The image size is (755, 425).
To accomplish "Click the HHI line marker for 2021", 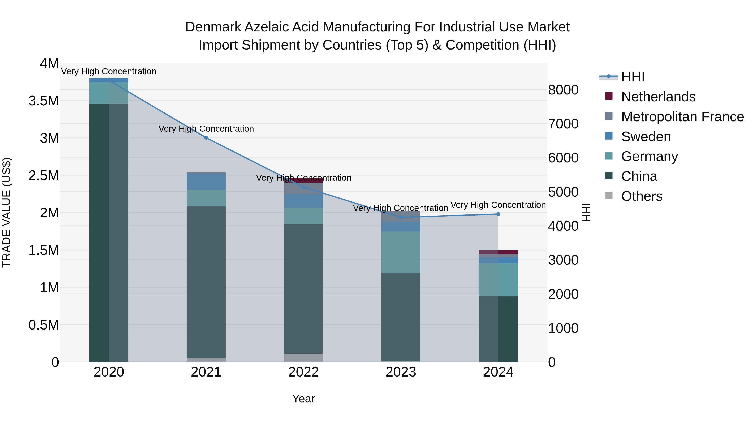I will (x=206, y=138).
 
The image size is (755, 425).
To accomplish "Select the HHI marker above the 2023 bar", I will (x=401, y=217).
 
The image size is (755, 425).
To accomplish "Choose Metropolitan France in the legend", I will (x=682, y=117).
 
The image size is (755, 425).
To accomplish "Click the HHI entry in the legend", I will (x=633, y=77).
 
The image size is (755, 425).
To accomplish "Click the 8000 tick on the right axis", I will (x=563, y=90).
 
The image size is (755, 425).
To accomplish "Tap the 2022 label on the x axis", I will (x=303, y=372).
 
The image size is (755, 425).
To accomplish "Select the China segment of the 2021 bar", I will (x=206, y=282).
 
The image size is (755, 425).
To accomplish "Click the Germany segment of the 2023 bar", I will (x=401, y=252).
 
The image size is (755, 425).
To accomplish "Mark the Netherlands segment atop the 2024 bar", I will (x=498, y=252).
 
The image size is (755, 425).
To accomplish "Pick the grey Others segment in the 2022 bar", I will (x=303, y=358).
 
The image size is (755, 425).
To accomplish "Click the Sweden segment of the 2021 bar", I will (x=206, y=182).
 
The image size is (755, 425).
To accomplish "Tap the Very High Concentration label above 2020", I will (x=109, y=71).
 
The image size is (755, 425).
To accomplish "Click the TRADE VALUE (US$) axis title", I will (x=7, y=212).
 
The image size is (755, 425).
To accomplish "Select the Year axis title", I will (x=303, y=399).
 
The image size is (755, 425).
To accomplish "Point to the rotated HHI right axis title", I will (x=586, y=212).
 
